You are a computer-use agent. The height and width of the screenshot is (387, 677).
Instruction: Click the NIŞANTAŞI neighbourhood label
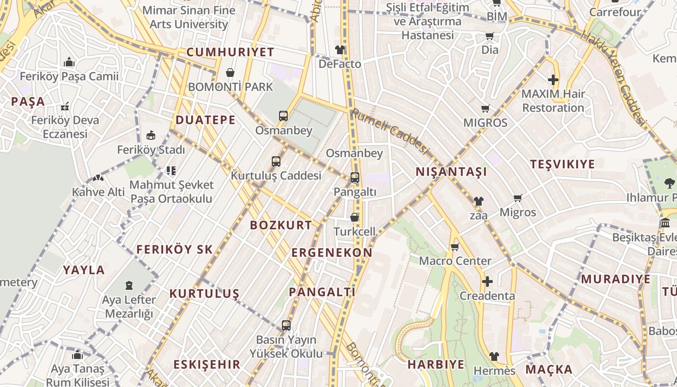pyautogui.click(x=451, y=172)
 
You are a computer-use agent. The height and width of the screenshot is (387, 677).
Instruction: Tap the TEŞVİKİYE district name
pyautogui.click(x=562, y=164)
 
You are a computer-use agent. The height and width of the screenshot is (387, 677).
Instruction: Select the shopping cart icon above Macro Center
pyautogui.click(x=455, y=247)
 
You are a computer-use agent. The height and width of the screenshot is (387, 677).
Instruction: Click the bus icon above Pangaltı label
pyautogui.click(x=355, y=178)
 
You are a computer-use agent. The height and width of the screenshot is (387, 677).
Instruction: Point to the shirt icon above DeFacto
pyautogui.click(x=340, y=50)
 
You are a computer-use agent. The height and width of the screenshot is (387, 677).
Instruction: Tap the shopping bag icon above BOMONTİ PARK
pyautogui.click(x=230, y=73)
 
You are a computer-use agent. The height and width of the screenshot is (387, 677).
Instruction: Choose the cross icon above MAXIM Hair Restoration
pyautogui.click(x=553, y=80)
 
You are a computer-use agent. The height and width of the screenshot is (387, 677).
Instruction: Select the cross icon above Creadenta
pyautogui.click(x=487, y=282)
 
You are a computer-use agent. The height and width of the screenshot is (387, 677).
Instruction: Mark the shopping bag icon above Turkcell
pyautogui.click(x=354, y=217)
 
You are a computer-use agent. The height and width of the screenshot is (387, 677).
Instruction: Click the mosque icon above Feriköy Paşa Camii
pyautogui.click(x=69, y=62)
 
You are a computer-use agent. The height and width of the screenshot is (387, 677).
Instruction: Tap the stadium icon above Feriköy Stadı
pyautogui.click(x=151, y=135)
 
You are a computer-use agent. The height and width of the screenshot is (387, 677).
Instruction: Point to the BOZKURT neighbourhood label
pyautogui.click(x=281, y=225)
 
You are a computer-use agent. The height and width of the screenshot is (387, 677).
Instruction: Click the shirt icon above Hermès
pyautogui.click(x=494, y=357)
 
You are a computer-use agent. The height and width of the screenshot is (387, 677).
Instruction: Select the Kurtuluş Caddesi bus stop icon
pyautogui.click(x=276, y=161)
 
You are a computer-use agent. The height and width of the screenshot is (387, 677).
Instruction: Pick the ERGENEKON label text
pyautogui.click(x=332, y=253)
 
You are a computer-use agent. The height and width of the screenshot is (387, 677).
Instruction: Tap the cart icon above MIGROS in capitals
pyautogui.click(x=486, y=109)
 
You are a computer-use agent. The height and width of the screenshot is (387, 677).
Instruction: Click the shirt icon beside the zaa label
pyautogui.click(x=478, y=201)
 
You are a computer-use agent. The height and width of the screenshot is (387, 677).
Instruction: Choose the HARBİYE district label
pyautogui.click(x=436, y=364)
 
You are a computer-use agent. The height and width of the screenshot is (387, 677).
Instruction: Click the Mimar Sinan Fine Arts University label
pyautogui.click(x=189, y=17)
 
